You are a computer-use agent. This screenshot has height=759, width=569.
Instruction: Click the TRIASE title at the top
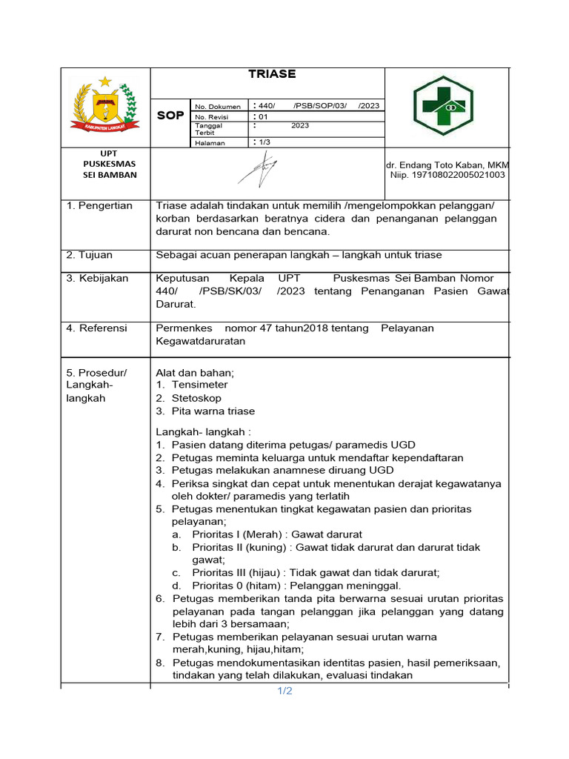tap(272, 74)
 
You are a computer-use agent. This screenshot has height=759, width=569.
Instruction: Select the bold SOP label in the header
tap(170, 116)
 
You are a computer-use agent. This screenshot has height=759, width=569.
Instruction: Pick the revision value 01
tap(262, 117)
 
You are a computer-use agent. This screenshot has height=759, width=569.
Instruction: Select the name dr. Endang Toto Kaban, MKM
tap(447, 165)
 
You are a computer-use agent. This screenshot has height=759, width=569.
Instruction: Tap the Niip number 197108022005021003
tap(447, 175)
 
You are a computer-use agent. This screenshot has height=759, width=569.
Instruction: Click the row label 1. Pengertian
tap(99, 205)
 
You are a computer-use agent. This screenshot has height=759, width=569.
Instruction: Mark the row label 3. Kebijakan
tap(97, 278)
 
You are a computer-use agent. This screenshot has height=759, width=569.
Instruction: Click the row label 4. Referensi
tap(96, 328)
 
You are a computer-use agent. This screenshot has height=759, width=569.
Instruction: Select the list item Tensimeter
tap(199, 385)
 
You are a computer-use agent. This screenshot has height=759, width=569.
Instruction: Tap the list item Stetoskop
tap(196, 398)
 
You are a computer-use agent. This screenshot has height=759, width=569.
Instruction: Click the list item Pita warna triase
tap(213, 411)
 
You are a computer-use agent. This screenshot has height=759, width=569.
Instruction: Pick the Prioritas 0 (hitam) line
tap(296, 585)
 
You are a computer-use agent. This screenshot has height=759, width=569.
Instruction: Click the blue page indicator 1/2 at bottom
tap(285, 692)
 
